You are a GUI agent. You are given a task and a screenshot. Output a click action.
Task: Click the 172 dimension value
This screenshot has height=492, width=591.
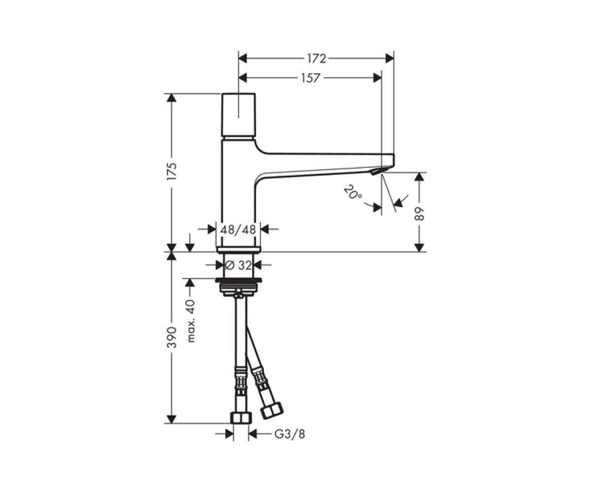pyautogui.click(x=317, y=59)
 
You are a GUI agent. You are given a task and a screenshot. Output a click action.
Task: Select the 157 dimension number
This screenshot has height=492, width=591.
pyautogui.click(x=310, y=78)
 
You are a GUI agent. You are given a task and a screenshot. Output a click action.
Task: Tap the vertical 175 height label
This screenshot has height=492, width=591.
pyautogui.click(x=172, y=172)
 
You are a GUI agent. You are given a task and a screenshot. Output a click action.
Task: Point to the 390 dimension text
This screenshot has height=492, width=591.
pyautogui.click(x=172, y=338)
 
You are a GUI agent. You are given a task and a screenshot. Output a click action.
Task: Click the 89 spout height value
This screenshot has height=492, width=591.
pyautogui.click(x=419, y=214)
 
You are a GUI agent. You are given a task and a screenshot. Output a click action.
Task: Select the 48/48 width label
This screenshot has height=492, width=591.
pyautogui.click(x=238, y=229)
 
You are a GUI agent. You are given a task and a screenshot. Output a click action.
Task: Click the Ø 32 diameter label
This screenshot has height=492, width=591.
pyautogui.click(x=238, y=265)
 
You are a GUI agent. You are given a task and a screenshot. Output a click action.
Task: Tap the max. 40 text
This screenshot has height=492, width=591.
pyautogui.click(x=192, y=321)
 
